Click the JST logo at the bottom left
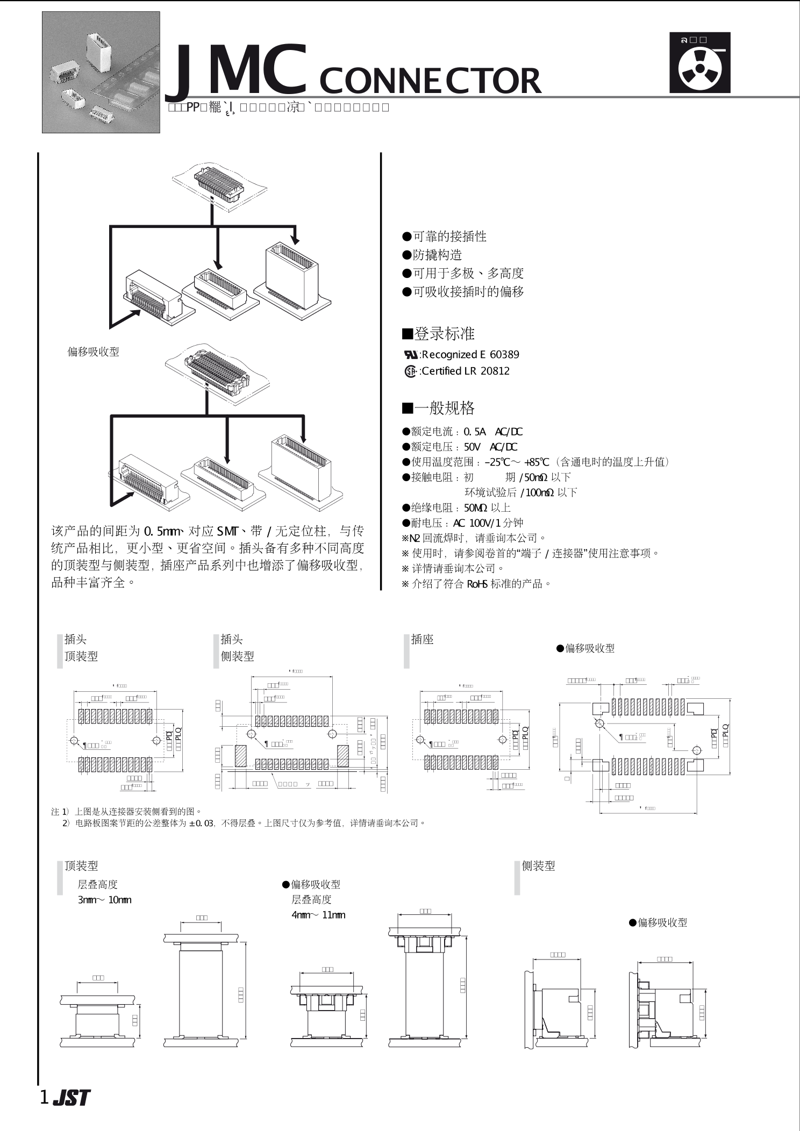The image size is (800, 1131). tap(72, 1098)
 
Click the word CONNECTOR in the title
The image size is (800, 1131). tap(430, 81)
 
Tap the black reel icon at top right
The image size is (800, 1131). tap(699, 63)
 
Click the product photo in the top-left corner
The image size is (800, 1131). tap(101, 72)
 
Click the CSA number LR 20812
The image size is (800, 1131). tap(488, 371)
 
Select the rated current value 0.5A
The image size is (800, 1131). tap(474, 432)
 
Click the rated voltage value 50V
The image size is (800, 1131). tap(472, 447)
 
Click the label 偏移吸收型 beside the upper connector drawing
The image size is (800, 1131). tap(93, 352)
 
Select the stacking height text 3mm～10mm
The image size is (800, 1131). tap(104, 900)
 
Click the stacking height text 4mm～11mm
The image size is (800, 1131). tap(318, 915)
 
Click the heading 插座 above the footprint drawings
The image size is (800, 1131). tap(422, 639)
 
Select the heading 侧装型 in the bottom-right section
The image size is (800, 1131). tap(538, 866)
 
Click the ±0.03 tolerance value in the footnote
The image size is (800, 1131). tap(202, 823)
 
